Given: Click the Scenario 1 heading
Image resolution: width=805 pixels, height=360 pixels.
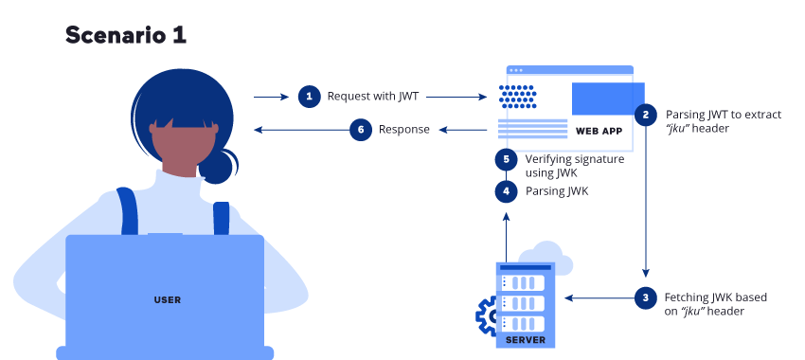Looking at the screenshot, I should coord(125,35).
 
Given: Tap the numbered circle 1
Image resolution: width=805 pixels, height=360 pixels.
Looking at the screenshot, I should coord(309,96).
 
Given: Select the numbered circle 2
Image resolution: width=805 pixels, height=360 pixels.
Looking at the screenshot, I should coord(646,115).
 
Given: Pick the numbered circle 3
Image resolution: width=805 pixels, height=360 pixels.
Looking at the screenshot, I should coord(646,297).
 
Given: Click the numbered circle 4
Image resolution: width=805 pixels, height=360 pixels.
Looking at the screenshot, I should coord(507,191).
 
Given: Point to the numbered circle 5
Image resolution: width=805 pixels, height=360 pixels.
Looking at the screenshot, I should coord(507,159).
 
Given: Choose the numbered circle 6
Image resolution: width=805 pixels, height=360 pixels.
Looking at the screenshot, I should coord(360,130).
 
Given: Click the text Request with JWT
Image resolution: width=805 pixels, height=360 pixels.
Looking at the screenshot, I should coord(372,96).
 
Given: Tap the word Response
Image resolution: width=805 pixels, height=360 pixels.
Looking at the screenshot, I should coord(404,130).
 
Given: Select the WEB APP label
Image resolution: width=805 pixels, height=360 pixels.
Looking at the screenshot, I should coord(599,130).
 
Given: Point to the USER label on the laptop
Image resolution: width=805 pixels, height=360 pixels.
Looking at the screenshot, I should coord(167,300).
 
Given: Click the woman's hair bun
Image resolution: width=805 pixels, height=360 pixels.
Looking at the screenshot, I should coord(217,165).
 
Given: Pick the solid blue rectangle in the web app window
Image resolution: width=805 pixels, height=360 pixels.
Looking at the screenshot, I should coord(600,99).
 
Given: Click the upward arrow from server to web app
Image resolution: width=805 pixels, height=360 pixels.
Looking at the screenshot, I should coord(507,236).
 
